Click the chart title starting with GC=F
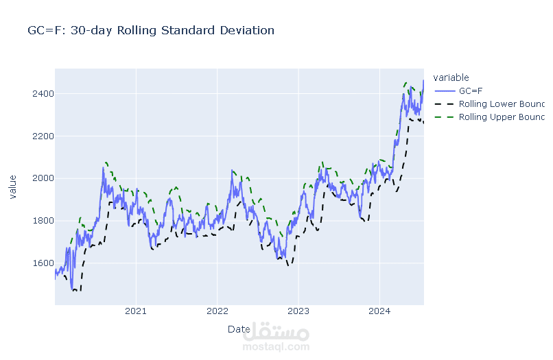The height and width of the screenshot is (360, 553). [150, 31]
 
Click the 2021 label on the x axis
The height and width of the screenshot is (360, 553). [136, 312]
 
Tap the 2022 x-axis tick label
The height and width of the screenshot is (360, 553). [217, 312]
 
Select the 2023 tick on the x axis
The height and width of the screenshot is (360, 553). [298, 312]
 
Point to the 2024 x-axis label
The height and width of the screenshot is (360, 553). [379, 312]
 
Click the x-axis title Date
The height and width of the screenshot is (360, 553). [239, 329]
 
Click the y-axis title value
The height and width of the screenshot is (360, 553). [12, 187]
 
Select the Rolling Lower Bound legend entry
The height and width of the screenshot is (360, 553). [501, 104]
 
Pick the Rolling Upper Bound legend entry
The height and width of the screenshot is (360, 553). [501, 117]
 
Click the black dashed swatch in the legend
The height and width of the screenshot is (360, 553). [444, 104]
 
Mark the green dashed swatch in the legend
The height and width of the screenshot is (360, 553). [444, 117]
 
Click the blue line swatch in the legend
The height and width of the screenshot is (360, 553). [444, 91]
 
